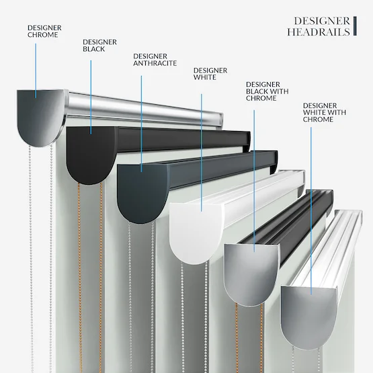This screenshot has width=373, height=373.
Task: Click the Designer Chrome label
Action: click(44, 31)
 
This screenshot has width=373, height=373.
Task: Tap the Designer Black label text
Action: click(99, 46)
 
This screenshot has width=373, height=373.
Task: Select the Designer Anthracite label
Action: click(155, 59)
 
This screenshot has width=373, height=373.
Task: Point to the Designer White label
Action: click(210, 74)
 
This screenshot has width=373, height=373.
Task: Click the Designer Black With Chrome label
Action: click(267, 91)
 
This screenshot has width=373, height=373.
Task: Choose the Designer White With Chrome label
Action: click(325, 112)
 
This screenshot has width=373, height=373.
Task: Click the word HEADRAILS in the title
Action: click(319, 32)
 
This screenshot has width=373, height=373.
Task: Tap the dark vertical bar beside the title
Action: click(355, 26)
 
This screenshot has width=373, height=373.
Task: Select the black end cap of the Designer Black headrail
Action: click(91, 155)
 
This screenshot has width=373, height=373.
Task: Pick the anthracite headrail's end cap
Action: click(142, 193)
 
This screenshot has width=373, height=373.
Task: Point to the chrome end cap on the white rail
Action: click(309, 318)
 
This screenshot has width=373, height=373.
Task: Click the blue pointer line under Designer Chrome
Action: click(36, 71)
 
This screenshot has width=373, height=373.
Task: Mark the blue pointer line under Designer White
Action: click(202, 153)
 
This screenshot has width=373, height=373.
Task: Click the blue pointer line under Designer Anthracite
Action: click(141, 124)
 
